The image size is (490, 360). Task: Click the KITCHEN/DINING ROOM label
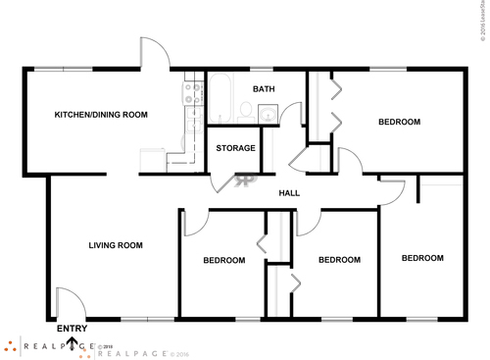point(101,115)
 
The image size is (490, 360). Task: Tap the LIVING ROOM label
point(116,245)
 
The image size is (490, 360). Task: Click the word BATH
point(264,89)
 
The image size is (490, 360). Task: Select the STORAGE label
point(235,148)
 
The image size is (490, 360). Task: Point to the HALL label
point(289,193)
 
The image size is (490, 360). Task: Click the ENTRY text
point(73,329)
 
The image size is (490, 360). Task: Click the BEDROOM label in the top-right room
point(400,122)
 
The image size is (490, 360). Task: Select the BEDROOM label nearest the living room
point(223,260)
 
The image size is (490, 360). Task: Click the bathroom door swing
point(289,115)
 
